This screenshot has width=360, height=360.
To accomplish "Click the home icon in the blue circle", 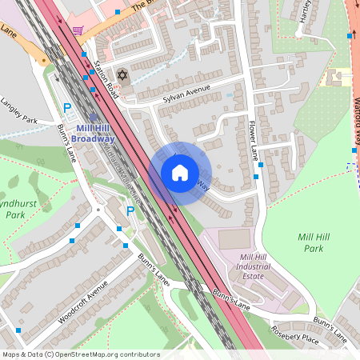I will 180,173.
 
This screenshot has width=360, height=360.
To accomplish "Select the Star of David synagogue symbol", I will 122,75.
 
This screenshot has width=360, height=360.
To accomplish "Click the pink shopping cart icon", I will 78,30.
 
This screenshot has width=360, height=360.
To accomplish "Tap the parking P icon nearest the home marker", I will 130,211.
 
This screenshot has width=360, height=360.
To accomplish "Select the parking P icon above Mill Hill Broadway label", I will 68,107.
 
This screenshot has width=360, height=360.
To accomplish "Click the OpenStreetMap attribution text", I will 81,354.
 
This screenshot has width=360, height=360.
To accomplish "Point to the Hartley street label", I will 305,11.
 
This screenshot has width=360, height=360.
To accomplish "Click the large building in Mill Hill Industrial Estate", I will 234,238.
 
